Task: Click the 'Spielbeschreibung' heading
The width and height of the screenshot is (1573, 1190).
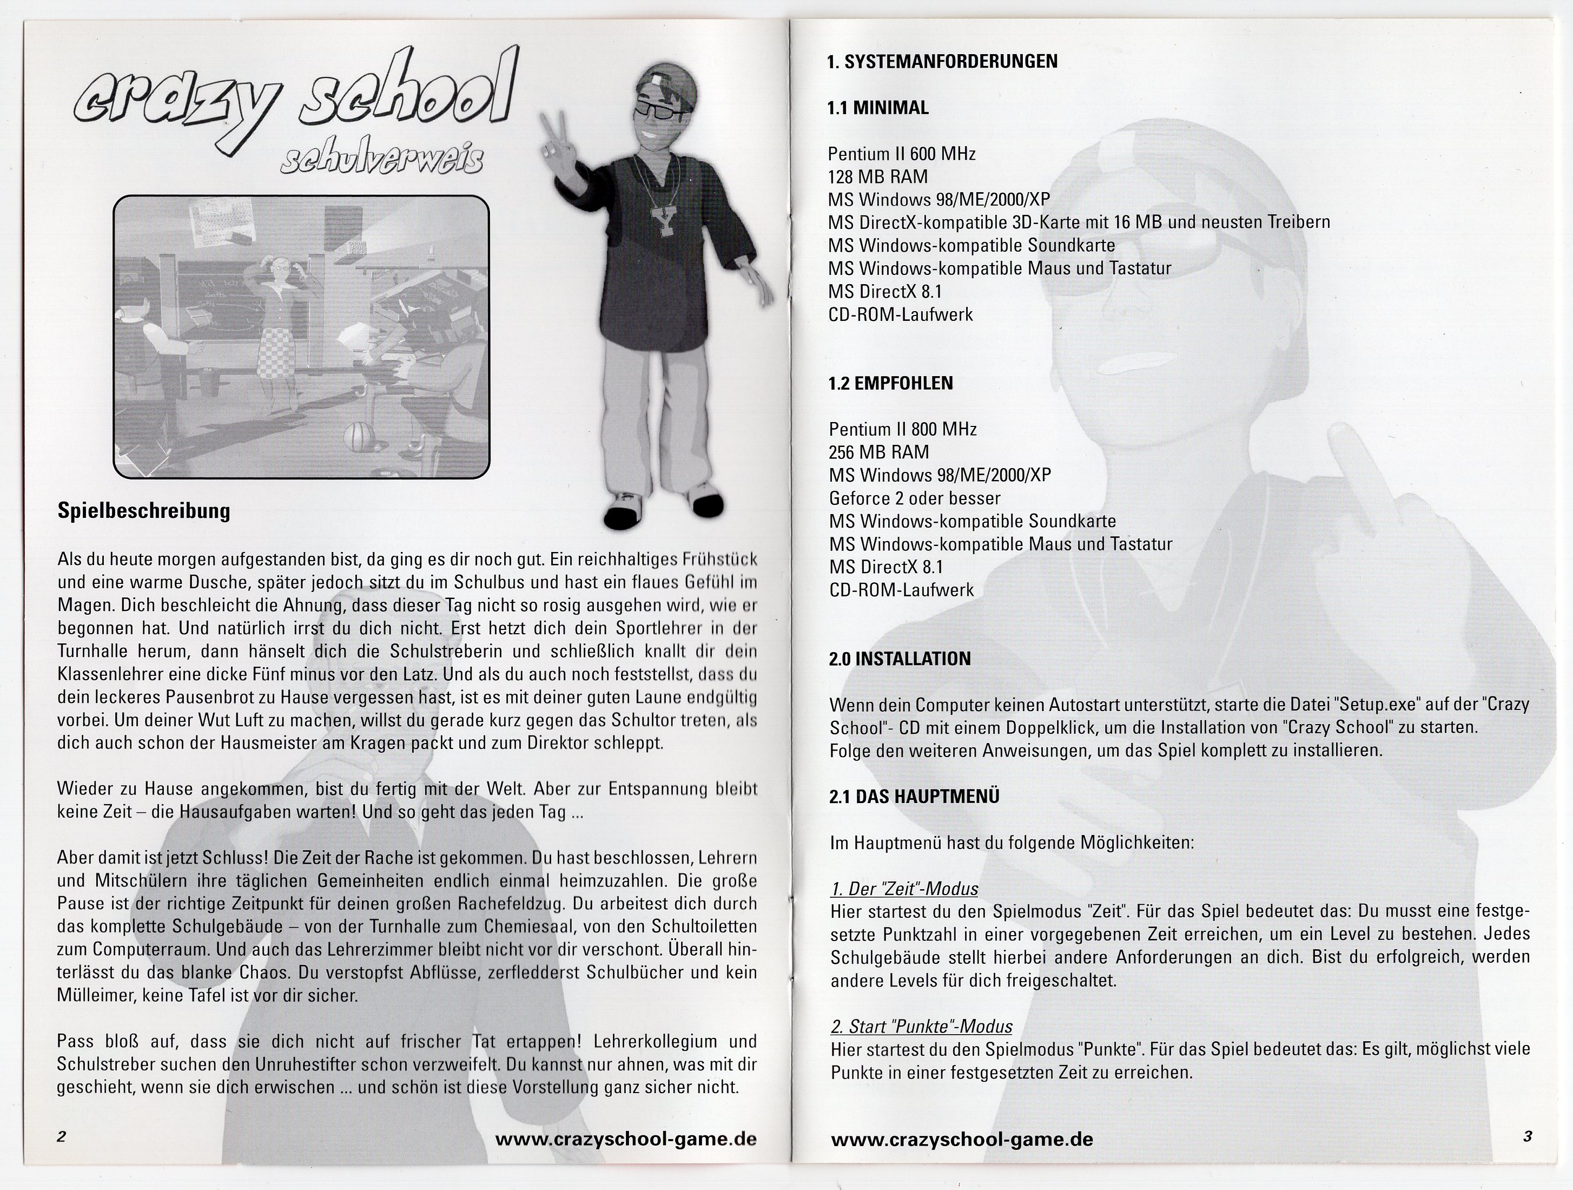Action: tap(144, 511)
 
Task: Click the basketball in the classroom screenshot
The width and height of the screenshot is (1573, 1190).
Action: tap(357, 435)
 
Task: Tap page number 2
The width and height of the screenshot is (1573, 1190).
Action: tap(61, 1136)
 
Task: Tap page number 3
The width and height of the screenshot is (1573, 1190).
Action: tap(1528, 1136)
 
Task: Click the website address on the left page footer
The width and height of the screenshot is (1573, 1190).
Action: tap(625, 1139)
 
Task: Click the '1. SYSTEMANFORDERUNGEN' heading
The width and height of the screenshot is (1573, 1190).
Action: tap(942, 62)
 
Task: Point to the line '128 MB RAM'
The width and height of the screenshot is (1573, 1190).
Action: tap(877, 176)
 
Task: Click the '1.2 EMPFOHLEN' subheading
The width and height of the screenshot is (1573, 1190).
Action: tap(890, 383)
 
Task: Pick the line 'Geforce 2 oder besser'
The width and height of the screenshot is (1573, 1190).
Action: tap(915, 498)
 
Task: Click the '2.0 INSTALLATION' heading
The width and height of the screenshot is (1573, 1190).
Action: tap(900, 659)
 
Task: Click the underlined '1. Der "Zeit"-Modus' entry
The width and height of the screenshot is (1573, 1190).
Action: tap(904, 889)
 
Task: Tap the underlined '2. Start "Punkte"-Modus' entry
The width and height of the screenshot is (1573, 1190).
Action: tap(921, 1027)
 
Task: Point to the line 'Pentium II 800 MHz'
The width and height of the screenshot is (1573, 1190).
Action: tap(902, 430)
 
